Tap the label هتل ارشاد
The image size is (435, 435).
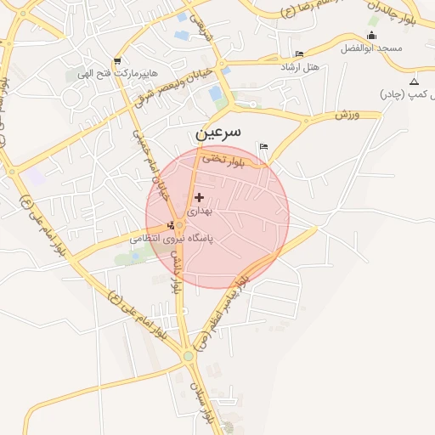pyautogui.click(x=300, y=66)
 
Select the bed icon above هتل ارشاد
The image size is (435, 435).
pyautogui.click(x=298, y=54)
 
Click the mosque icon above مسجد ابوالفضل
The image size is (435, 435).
pyautogui.click(x=370, y=35)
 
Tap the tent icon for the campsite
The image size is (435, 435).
pyautogui.click(x=414, y=82)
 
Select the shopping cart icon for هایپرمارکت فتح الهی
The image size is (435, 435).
pyautogui.click(x=116, y=61)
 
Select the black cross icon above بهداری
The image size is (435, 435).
pyautogui.click(x=199, y=197)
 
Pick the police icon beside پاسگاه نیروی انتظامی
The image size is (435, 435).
pyautogui.click(x=172, y=225)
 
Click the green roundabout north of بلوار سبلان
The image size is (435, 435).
pyautogui.click(x=188, y=355)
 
